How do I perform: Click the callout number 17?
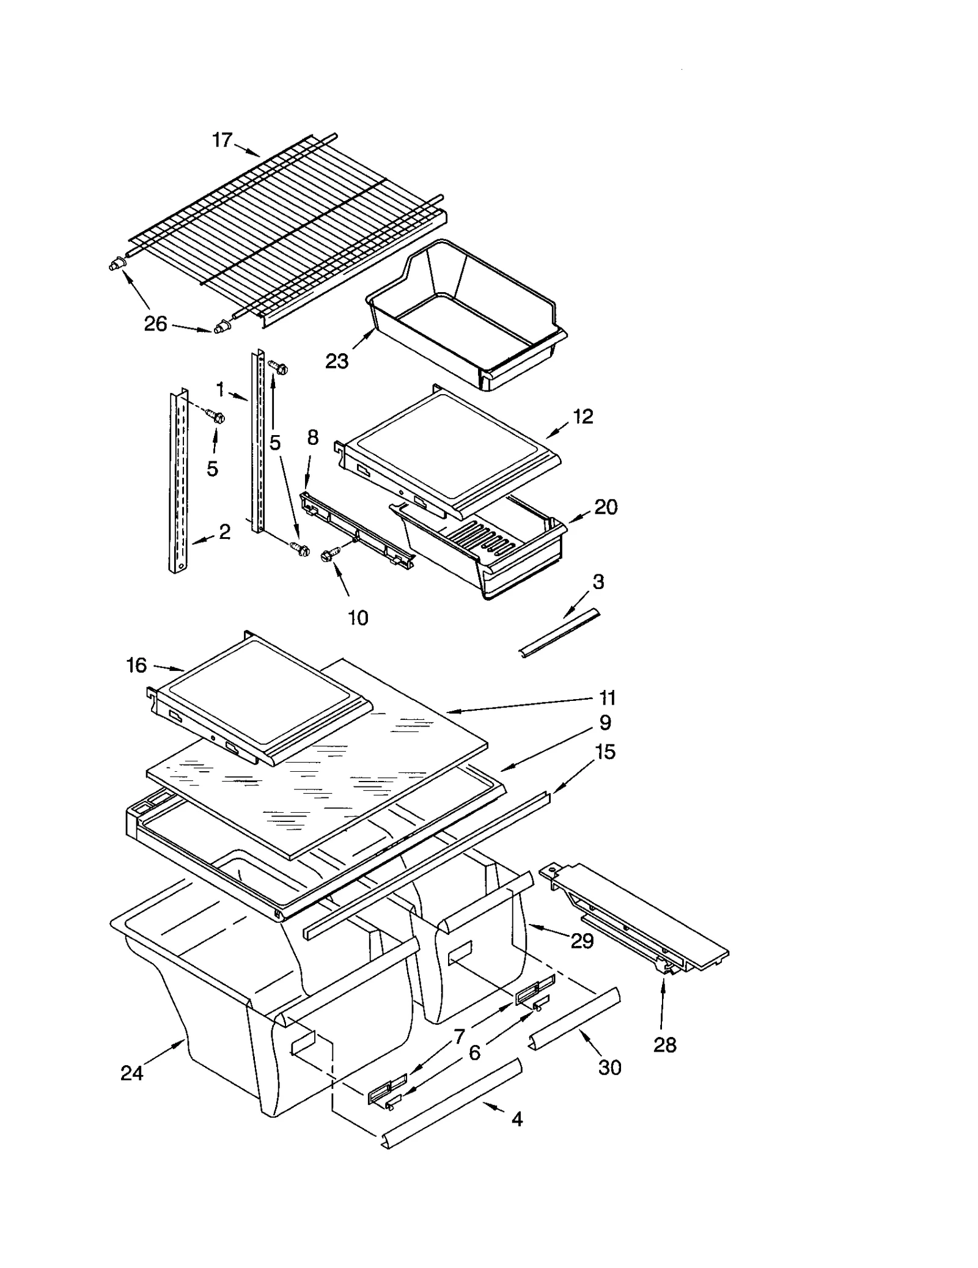(x=222, y=141)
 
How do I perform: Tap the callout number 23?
(x=336, y=361)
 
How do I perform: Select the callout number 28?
(x=664, y=1045)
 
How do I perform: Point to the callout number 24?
(x=131, y=1072)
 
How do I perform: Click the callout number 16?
(x=136, y=665)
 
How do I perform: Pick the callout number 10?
(x=358, y=618)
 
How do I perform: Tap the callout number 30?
(x=609, y=1067)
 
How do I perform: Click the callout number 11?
(x=606, y=697)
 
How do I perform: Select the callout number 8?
(x=312, y=438)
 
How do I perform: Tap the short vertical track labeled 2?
(x=178, y=483)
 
